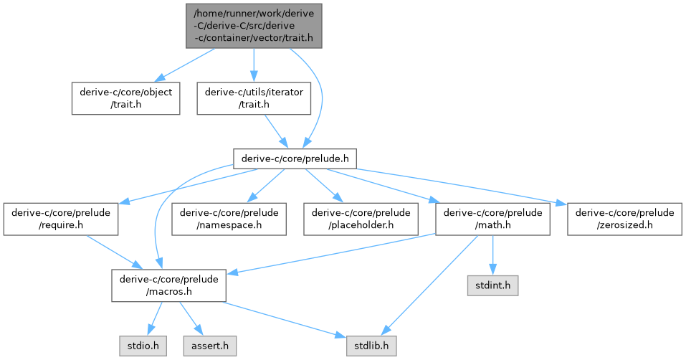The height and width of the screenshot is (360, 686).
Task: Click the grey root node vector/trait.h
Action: (254, 25)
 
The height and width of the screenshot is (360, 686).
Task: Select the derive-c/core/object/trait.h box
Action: (125, 98)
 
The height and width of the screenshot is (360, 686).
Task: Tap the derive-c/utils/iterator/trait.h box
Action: (254, 98)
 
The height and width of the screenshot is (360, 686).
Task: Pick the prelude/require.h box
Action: (60, 219)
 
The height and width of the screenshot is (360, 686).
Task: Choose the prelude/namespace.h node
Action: (229, 219)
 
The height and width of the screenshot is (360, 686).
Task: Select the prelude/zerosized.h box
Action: (624, 219)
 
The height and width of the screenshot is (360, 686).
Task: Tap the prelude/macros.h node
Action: (168, 285)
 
